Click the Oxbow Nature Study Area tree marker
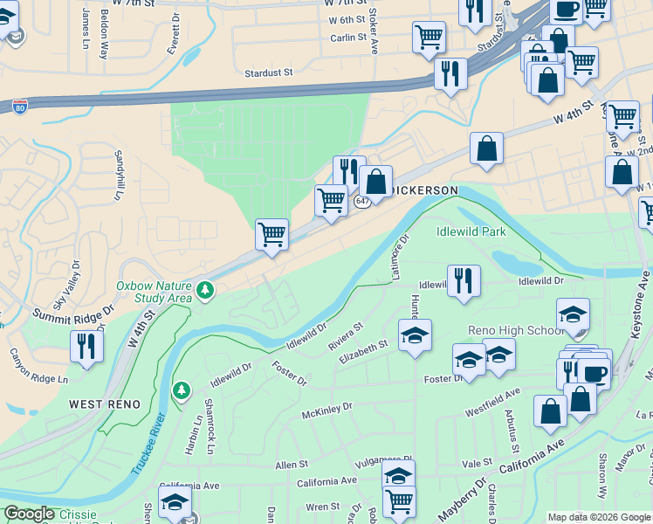click(x=205, y=288)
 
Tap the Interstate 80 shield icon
click(x=21, y=107)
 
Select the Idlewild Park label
click(x=471, y=231)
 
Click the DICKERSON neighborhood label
click(x=426, y=190)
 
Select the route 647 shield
click(x=363, y=202)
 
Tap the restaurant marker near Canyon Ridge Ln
click(x=86, y=346)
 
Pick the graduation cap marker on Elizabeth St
click(x=415, y=334)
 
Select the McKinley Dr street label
click(x=326, y=407)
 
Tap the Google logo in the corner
click(x=30, y=514)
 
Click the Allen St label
click(x=292, y=465)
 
